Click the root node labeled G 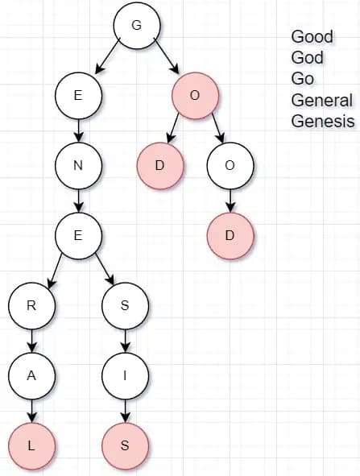[137, 26]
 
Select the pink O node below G [195, 96]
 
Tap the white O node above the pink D [230, 166]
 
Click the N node [78, 166]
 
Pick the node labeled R [31, 306]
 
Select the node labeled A [31, 376]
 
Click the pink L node [31, 446]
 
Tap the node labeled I [125, 376]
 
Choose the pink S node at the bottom [125, 446]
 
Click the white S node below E [125, 306]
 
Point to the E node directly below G [78, 96]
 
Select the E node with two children [78, 236]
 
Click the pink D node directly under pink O [160, 166]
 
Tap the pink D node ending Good [230, 236]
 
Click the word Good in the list [312, 37]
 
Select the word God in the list [307, 58]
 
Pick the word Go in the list [303, 79]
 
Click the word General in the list [322, 100]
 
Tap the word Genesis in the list [323, 121]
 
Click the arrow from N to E [79, 201]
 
